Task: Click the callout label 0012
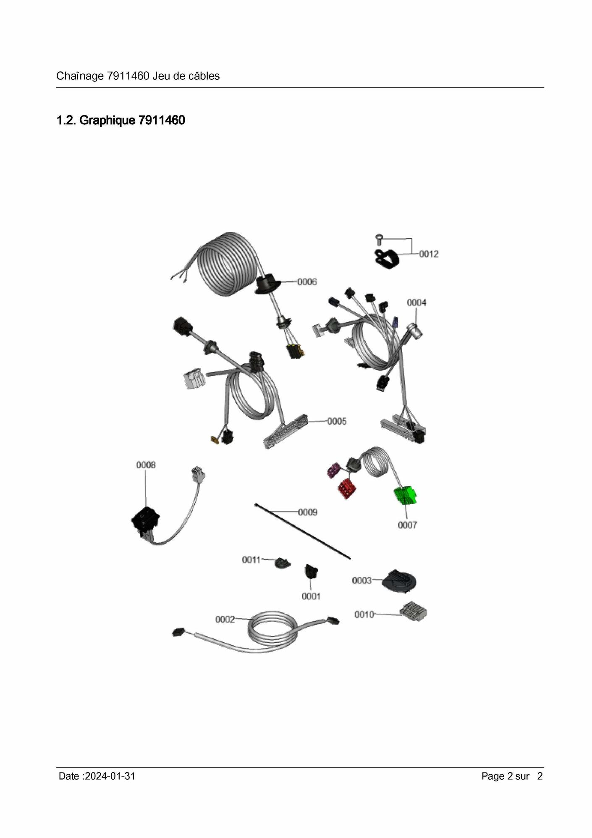tap(429, 254)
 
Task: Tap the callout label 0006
tap(307, 282)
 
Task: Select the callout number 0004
tap(416, 303)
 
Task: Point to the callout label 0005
tap(337, 421)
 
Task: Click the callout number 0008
tap(146, 465)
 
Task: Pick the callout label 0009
tap(308, 512)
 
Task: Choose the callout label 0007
tap(407, 525)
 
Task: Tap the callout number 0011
tap(251, 560)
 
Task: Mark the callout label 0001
tap(311, 596)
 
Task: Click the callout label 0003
tap(362, 581)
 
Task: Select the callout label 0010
tap(364, 615)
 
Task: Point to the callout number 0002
tap(225, 620)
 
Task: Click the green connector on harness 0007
tap(405, 496)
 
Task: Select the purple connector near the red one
tap(334, 470)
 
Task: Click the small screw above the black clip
tap(378, 239)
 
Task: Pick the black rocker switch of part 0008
tap(145, 520)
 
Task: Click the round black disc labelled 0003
tap(399, 581)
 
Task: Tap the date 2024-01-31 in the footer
tap(110, 776)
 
